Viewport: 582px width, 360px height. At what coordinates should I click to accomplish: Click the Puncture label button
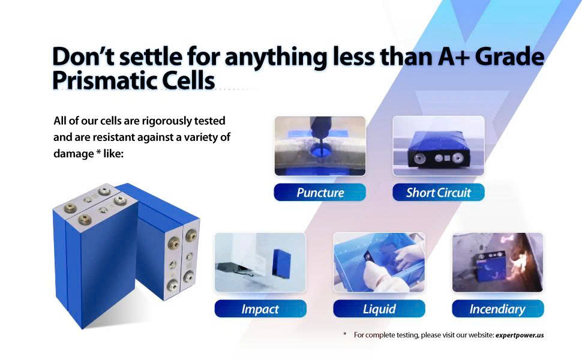click(x=320, y=192)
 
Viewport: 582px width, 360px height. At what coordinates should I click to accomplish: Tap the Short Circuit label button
click(x=439, y=192)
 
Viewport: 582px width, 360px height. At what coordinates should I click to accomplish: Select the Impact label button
click(x=260, y=308)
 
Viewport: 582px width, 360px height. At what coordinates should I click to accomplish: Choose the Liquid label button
click(x=379, y=308)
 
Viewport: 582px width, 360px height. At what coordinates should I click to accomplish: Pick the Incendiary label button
click(x=498, y=308)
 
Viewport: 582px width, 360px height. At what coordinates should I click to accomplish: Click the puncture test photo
click(x=320, y=146)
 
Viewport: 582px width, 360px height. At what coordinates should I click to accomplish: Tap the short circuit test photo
click(x=439, y=146)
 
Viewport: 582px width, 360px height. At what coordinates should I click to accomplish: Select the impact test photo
click(x=260, y=262)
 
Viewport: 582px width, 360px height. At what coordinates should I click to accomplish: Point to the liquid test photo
click(x=379, y=262)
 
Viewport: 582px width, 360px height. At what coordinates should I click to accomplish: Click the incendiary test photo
click(x=498, y=262)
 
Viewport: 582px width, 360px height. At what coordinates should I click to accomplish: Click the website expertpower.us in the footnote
click(x=519, y=335)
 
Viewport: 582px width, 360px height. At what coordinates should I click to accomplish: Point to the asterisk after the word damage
click(x=98, y=152)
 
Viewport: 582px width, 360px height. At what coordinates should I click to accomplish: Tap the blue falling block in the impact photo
click(x=282, y=263)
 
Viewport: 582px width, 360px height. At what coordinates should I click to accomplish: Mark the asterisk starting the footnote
click(x=345, y=334)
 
